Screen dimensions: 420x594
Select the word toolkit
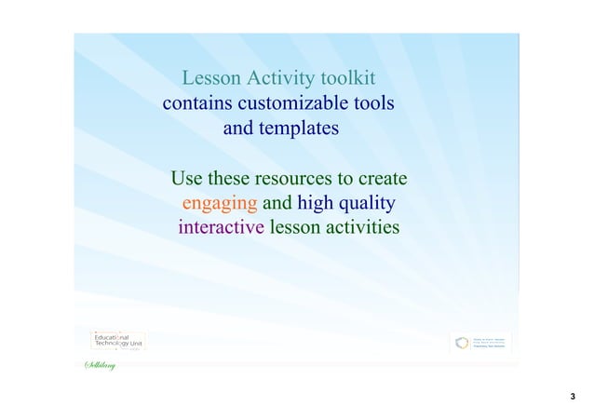(x=344, y=77)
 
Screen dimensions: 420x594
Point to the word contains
(x=197, y=102)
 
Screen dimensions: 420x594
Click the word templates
(x=280, y=128)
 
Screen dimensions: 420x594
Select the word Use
(x=187, y=178)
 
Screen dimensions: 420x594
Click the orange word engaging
(x=221, y=203)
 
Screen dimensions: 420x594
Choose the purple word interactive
(x=221, y=228)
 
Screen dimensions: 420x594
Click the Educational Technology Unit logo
(x=117, y=340)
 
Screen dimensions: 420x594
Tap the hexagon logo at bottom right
(x=462, y=343)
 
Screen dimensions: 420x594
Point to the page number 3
(x=573, y=398)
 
